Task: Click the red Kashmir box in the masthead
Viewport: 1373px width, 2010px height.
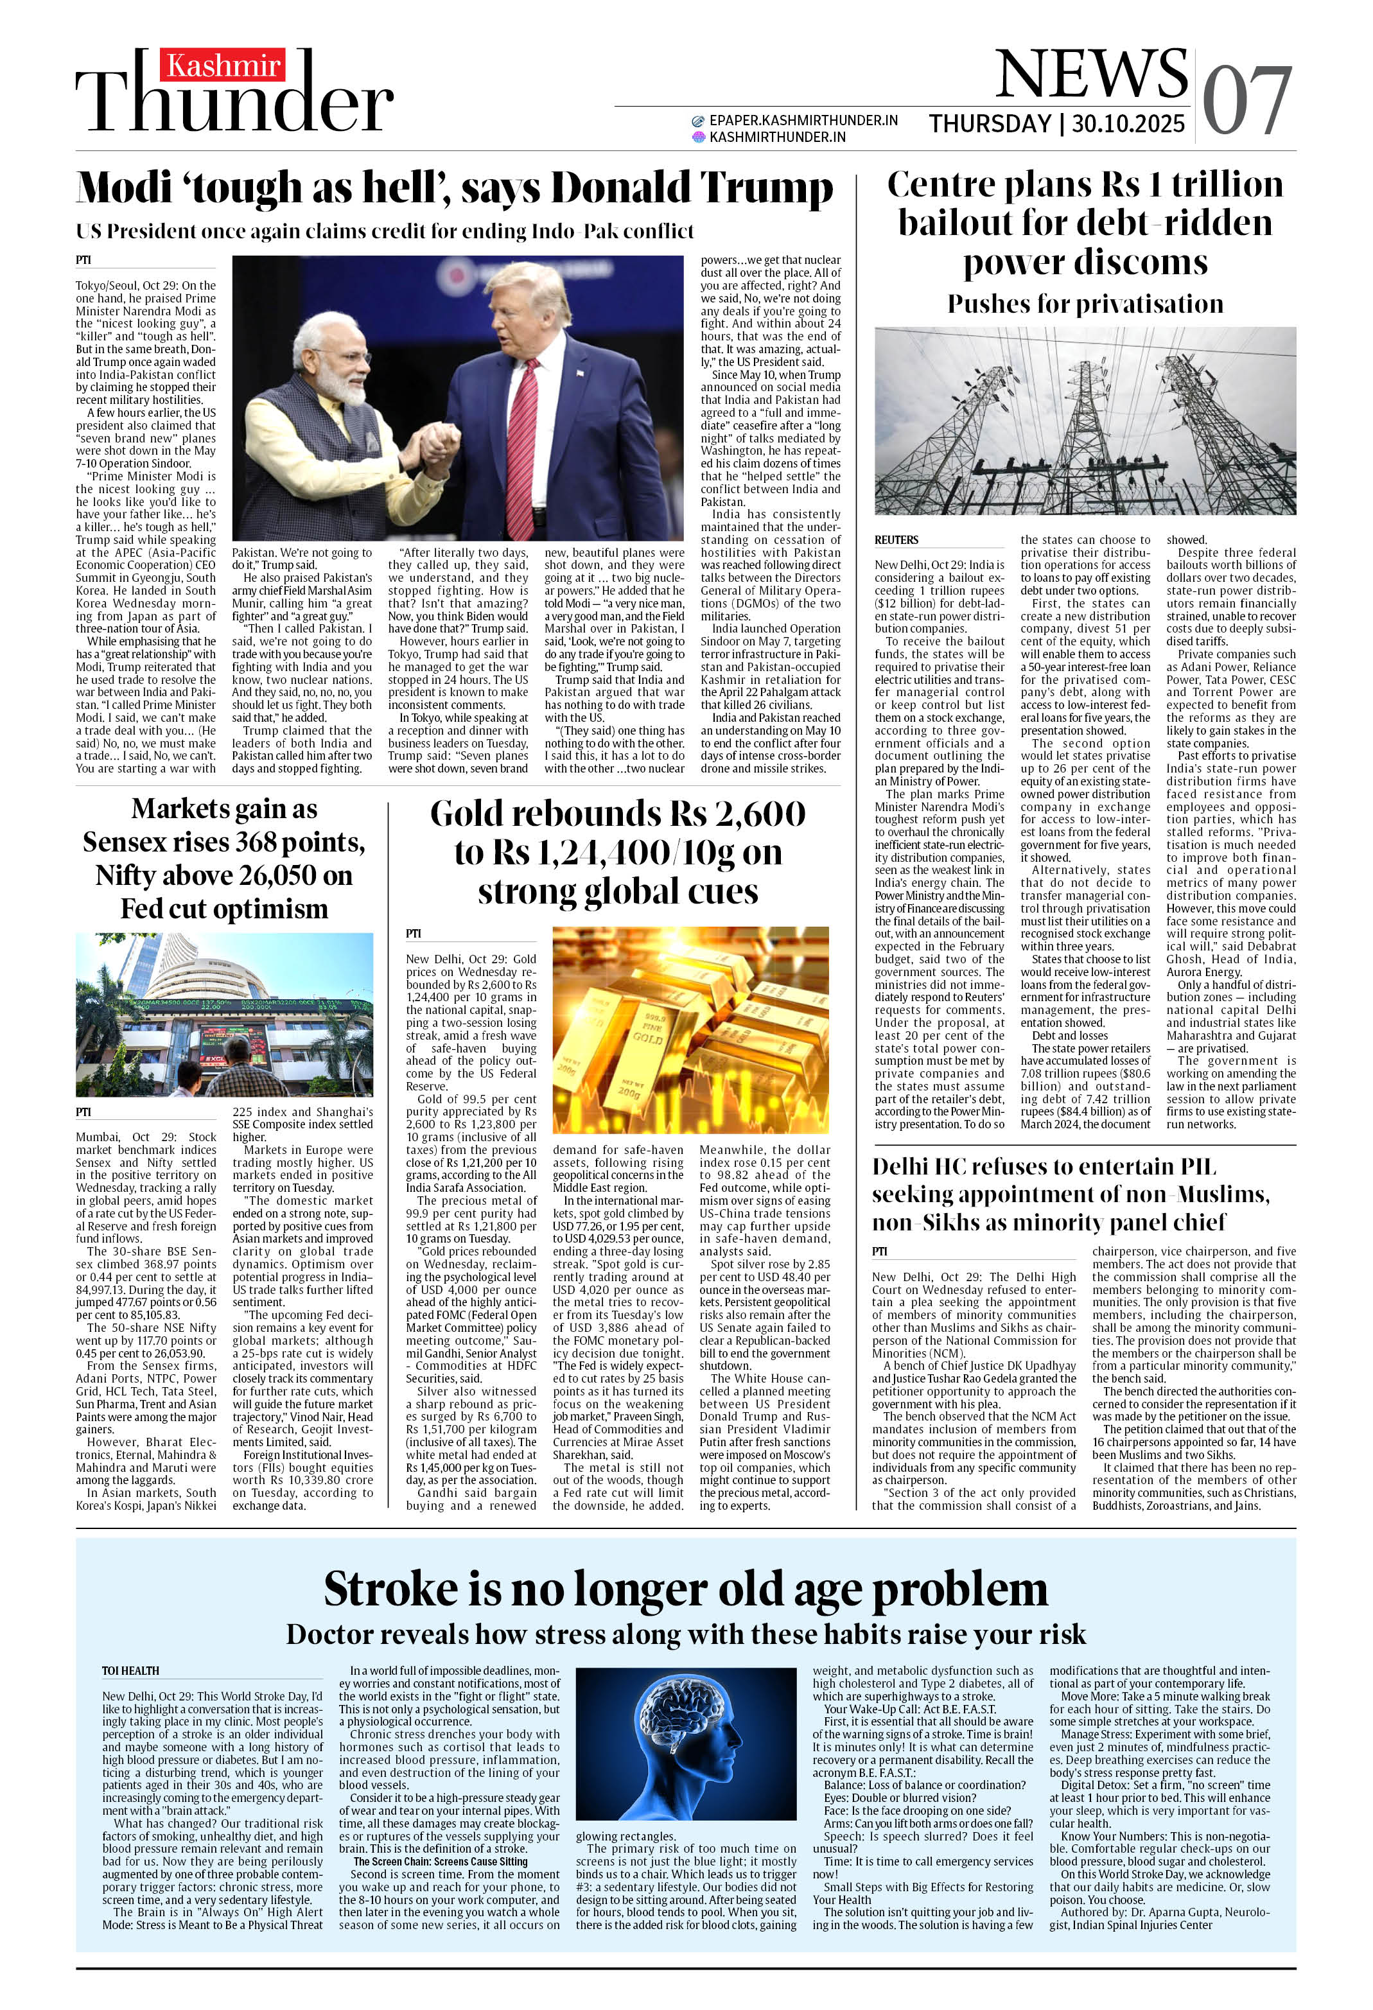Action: [224, 66]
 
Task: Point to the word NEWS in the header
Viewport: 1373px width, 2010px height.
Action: [1092, 74]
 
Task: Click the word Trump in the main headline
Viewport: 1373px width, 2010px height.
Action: [765, 188]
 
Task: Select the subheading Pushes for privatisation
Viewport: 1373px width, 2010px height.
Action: [1085, 304]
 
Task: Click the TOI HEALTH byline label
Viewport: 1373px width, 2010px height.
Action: [130, 1670]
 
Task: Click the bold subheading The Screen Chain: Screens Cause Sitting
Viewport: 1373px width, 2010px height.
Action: [439, 1861]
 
